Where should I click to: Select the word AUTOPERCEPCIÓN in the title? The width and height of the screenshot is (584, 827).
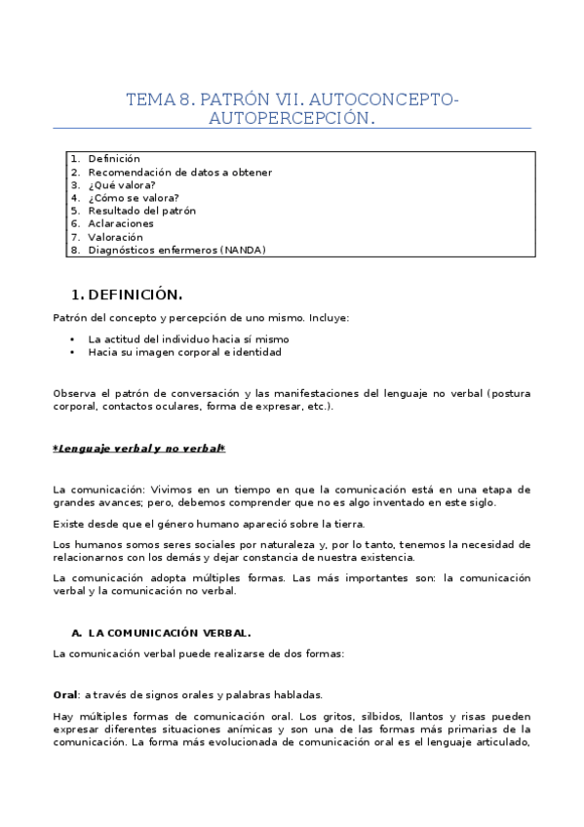[x=292, y=118]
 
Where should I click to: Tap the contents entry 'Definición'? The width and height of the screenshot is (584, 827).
[x=114, y=158]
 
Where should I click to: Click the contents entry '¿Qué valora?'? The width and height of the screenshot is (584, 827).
[x=121, y=184]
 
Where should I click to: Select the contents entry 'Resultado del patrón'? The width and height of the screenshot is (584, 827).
[x=141, y=211]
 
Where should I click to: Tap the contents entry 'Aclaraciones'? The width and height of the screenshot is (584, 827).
[x=120, y=223]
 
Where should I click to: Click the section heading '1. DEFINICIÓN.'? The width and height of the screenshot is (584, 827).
[x=128, y=295]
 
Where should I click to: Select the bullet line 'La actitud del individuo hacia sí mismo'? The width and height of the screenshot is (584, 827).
[x=188, y=339]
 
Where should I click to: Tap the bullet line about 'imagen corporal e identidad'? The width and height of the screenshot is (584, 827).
[x=184, y=352]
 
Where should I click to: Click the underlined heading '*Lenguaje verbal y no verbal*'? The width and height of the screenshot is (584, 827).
[x=138, y=449]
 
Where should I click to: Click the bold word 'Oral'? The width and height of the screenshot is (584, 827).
[x=65, y=695]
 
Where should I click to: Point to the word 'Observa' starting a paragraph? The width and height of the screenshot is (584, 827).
[x=74, y=394]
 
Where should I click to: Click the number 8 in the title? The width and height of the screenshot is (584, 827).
[x=183, y=99]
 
